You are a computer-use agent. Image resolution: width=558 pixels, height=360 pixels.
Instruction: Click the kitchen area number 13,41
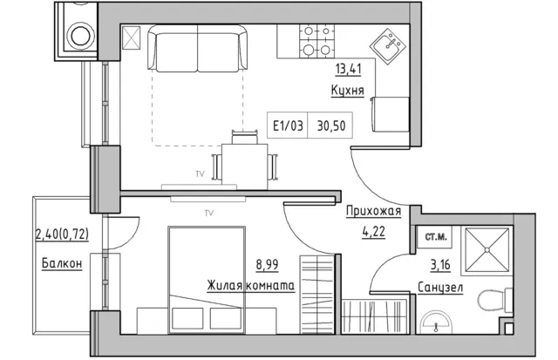348,69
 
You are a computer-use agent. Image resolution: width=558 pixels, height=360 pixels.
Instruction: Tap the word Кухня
347,91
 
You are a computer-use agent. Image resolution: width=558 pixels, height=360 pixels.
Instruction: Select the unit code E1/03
288,126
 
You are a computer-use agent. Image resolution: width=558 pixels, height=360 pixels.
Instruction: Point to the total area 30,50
331,126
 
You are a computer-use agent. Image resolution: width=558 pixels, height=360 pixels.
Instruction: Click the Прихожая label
374,211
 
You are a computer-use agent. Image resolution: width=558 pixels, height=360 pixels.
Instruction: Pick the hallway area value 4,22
374,232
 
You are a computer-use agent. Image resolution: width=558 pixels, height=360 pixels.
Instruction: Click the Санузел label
440,288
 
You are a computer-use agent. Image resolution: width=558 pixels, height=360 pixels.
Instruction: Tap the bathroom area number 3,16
440,265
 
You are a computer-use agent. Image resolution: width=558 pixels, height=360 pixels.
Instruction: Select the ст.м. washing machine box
435,237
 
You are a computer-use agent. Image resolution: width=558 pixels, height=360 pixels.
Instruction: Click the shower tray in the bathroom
487,251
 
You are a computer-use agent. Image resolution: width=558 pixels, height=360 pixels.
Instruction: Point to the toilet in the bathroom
494,300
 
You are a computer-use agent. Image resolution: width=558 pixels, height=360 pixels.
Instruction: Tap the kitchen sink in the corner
388,45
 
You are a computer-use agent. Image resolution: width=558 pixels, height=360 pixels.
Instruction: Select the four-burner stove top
316,41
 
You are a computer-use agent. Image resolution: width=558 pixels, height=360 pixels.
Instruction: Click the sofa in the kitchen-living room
198,49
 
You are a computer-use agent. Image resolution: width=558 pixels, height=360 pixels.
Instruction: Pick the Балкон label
62,264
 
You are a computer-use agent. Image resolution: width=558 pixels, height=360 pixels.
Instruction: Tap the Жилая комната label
251,286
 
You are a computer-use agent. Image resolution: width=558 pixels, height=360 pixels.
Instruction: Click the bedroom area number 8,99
267,265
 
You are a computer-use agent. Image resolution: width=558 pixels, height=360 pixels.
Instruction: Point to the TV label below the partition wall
209,213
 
